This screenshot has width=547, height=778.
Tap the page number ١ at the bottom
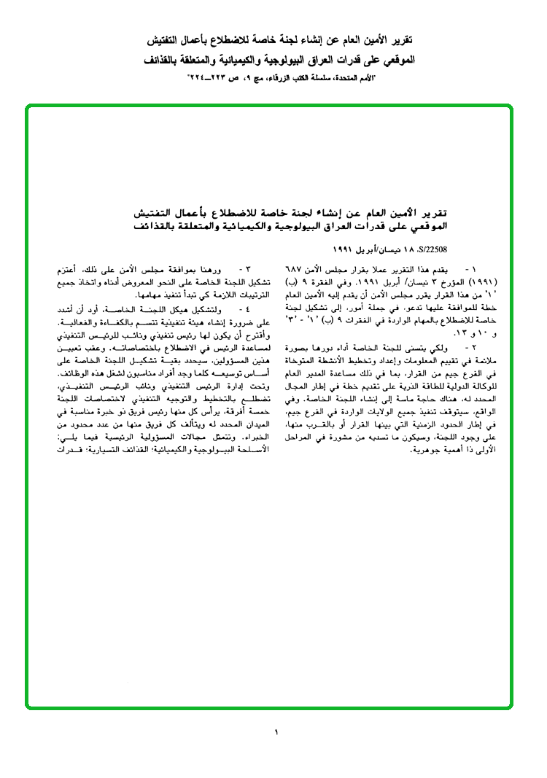(277, 731)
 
